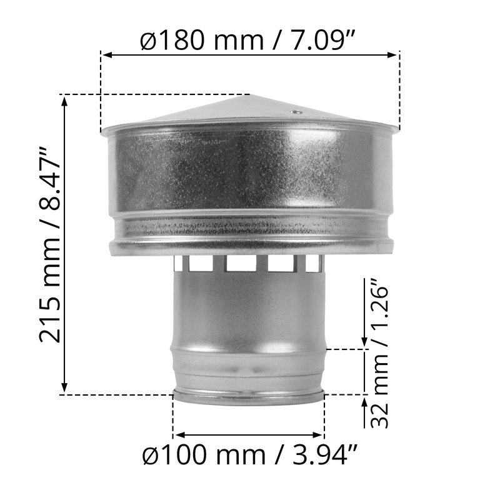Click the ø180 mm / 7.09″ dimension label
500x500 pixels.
tap(247, 40)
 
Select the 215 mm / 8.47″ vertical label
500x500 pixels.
tap(50, 244)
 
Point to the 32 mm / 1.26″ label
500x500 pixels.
tap(379, 353)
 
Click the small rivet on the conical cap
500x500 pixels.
tap(296, 112)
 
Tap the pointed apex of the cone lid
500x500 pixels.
tap(249, 94)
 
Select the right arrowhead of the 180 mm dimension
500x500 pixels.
tap(392, 55)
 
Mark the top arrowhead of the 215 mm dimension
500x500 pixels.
tap(64, 101)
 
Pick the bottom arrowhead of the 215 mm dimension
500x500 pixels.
tap(64, 387)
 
